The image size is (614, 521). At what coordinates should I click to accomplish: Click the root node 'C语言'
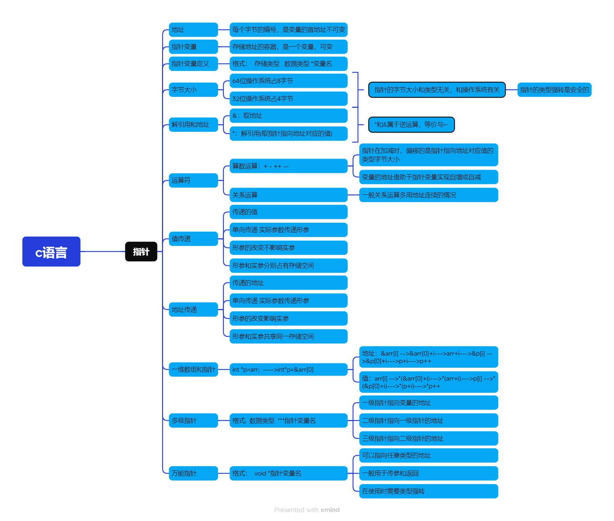pos(51,252)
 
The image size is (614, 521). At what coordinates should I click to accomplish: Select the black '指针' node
pos(141,252)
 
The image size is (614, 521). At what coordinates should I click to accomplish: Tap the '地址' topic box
pos(193,30)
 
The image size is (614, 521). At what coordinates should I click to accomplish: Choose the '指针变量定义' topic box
pos(193,64)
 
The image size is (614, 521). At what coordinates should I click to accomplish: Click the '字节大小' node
pos(193,90)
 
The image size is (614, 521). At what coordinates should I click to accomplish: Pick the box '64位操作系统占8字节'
pos(288,81)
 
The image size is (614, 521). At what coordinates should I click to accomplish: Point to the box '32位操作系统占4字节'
pos(288,98)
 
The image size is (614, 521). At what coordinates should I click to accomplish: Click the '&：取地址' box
pos(288,116)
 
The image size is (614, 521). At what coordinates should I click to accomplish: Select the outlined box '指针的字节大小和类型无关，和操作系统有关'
pos(437,90)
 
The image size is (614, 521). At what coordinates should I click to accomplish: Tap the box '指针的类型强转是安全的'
pos(554,90)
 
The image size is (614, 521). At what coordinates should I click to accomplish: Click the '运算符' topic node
pos(193,180)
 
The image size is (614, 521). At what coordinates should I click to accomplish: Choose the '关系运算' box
pos(288,195)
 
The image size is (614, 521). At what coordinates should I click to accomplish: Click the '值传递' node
pos(193,239)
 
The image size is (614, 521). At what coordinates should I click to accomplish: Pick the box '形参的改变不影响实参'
pos(288,248)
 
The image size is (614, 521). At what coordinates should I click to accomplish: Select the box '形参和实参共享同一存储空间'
pos(288,337)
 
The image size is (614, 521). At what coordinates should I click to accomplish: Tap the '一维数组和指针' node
pos(193,370)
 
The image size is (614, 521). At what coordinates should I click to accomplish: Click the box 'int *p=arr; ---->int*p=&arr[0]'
pos(288,370)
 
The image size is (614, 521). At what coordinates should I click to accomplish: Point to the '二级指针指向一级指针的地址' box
pos(428,421)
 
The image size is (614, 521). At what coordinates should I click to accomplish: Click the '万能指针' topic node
pos(193,473)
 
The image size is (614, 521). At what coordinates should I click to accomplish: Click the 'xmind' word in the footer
pos(330,510)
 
